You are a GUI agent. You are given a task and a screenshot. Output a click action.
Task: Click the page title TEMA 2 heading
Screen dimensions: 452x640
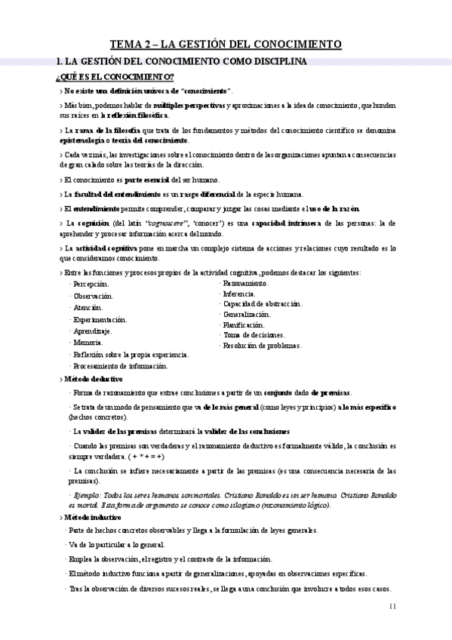point(226,45)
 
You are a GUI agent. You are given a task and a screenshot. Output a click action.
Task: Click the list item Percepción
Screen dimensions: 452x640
point(89,284)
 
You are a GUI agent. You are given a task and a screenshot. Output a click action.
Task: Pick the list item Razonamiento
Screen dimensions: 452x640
point(246,282)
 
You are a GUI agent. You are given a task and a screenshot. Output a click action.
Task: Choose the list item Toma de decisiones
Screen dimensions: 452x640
point(254,334)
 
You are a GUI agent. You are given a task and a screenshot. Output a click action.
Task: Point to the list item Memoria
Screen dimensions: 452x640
point(87,343)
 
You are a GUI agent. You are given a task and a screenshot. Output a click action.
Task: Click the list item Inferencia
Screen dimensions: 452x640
point(239,293)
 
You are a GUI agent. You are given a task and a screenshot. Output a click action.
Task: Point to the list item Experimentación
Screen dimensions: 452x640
point(99,319)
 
